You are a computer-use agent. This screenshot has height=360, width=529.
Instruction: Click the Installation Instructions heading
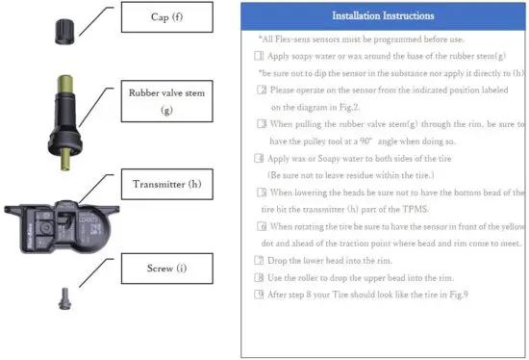click(383, 16)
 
